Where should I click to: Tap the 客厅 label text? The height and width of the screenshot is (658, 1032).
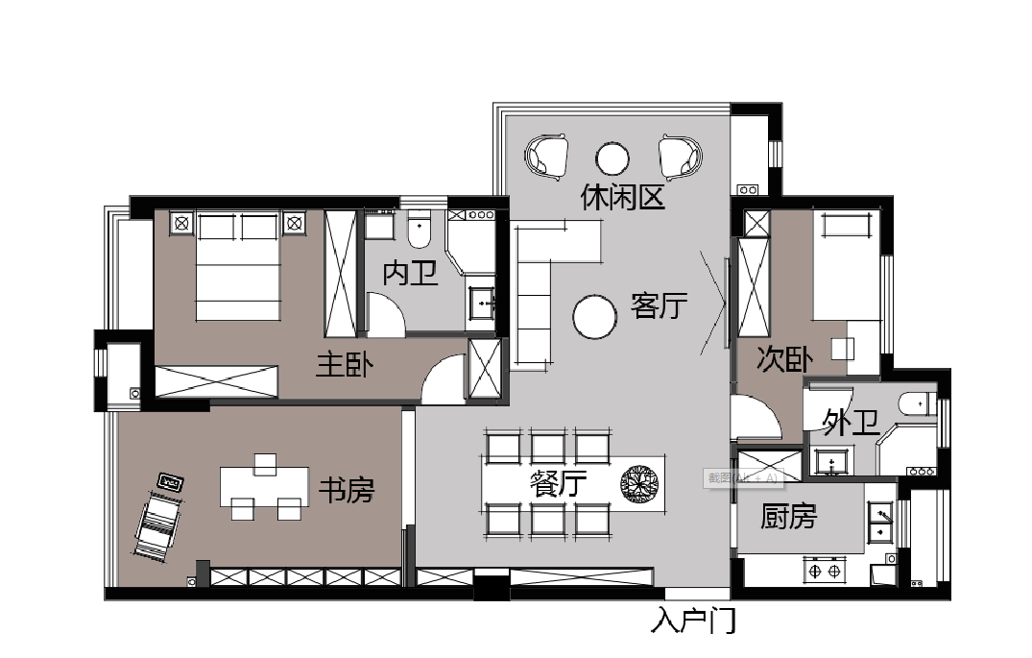coord(660,306)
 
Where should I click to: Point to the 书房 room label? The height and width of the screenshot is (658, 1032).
coord(346,491)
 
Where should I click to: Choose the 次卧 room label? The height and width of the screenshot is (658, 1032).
coord(784,359)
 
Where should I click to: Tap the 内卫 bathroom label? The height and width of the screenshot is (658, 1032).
coord(411,273)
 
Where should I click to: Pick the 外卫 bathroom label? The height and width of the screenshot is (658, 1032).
coord(852,423)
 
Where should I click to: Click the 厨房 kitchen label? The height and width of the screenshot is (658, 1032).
coord(788,517)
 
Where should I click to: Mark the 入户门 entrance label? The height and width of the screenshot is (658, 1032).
coord(693,621)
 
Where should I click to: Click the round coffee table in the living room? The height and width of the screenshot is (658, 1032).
coord(594,317)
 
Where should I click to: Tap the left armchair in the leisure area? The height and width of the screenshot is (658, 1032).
coord(548,157)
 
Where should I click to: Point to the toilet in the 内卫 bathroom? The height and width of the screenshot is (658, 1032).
coord(420,230)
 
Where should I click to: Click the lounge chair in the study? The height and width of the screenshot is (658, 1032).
coord(157,524)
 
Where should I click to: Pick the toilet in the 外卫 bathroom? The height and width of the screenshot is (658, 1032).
coord(915,403)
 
